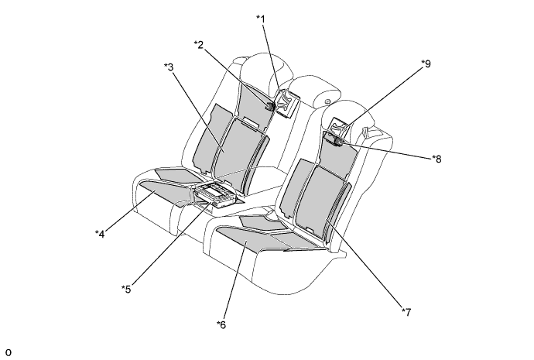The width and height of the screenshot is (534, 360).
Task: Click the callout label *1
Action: [x=261, y=19]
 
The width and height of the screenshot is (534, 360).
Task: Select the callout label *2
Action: [x=199, y=45]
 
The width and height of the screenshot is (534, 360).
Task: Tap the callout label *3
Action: [x=169, y=67]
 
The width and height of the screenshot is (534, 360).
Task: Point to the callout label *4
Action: [x=100, y=234]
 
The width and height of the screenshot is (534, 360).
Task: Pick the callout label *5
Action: [x=126, y=289]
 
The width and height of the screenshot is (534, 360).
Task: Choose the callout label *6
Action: [x=221, y=325]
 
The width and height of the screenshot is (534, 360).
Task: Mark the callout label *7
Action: [x=406, y=312]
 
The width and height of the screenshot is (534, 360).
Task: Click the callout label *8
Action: [x=436, y=159]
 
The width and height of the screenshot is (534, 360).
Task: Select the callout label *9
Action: [x=426, y=63]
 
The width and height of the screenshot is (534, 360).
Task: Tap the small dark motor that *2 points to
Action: [x=270, y=106]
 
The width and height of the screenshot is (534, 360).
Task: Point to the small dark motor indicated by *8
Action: [x=337, y=142]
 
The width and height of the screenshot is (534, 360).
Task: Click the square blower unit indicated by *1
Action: [x=287, y=103]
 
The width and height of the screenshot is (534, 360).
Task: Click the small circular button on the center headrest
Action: [x=327, y=101]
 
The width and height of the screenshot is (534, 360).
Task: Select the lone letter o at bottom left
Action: [x=9, y=352]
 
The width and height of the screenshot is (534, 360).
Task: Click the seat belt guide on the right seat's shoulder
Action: [x=366, y=131]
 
